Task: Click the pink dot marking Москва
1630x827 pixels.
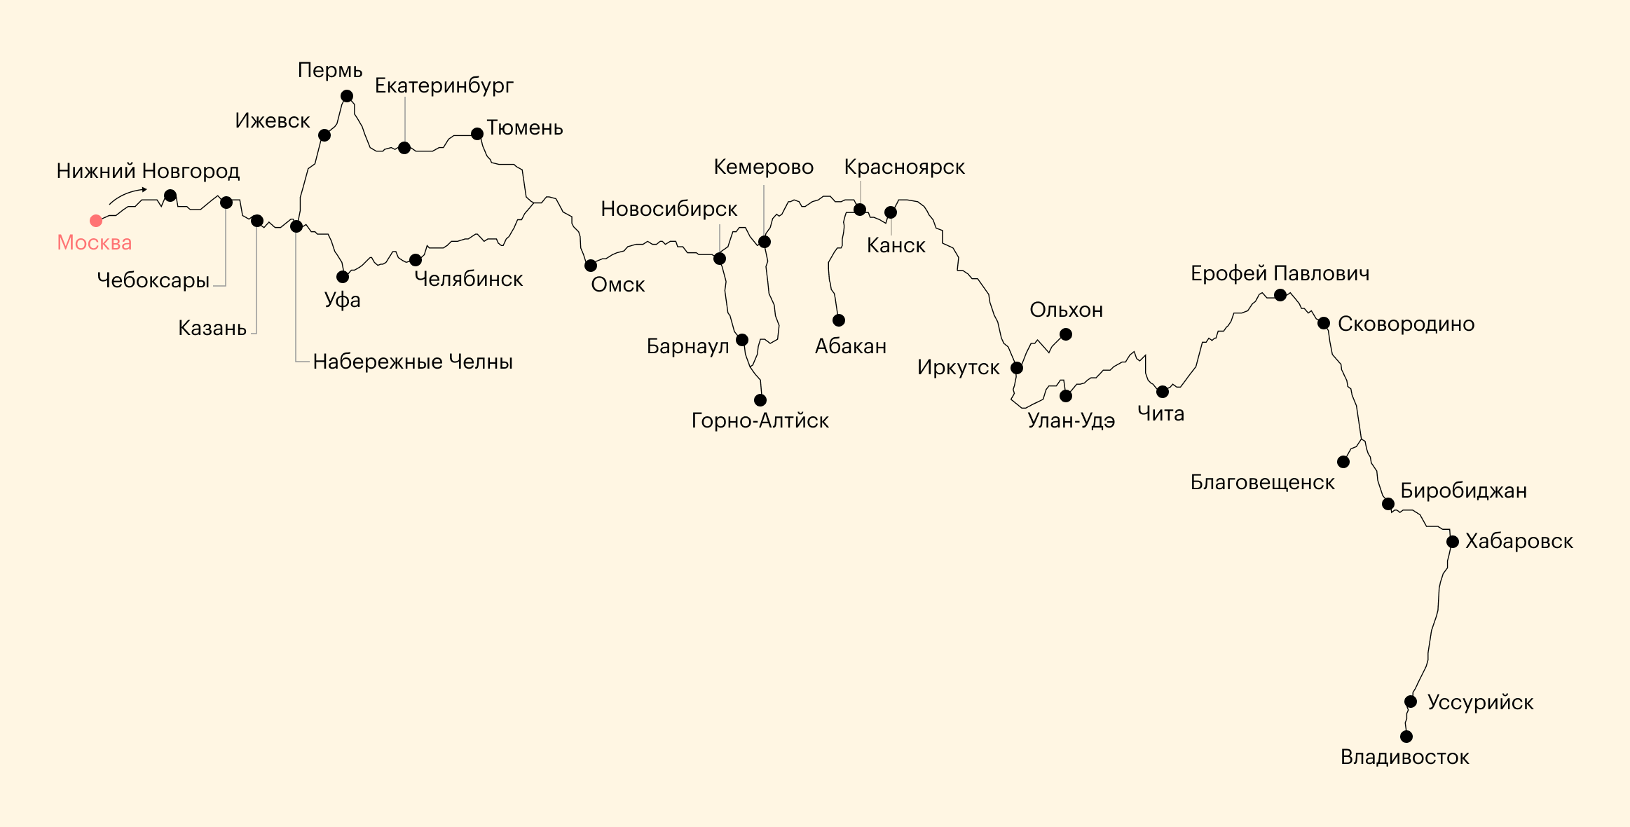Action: tap(96, 221)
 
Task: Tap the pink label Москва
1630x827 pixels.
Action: tap(95, 242)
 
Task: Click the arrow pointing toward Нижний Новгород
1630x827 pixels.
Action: tap(128, 195)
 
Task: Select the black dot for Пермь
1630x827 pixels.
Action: tap(347, 96)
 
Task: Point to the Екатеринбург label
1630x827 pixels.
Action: tap(444, 86)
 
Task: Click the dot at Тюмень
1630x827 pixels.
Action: tap(477, 134)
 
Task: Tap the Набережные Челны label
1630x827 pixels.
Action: tap(413, 362)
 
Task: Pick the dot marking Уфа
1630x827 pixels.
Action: tap(343, 277)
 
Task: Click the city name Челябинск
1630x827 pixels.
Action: tap(469, 279)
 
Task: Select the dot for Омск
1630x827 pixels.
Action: tap(591, 266)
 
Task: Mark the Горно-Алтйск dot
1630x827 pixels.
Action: tap(760, 400)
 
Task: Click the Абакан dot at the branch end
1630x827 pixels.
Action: tap(839, 320)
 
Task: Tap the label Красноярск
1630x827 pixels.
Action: tap(905, 168)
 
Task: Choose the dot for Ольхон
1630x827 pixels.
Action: tap(1066, 334)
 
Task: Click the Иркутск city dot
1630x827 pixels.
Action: tap(1017, 368)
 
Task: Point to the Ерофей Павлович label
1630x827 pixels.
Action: tap(1280, 273)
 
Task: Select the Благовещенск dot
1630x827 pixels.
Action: tap(1343, 462)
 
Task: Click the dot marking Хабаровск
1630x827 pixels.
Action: tap(1453, 542)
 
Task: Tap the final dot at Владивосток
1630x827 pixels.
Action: tap(1406, 737)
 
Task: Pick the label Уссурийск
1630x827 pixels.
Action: tap(1481, 702)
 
